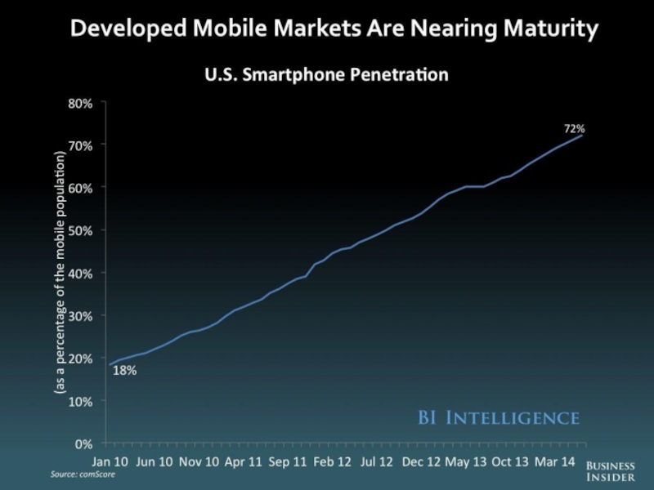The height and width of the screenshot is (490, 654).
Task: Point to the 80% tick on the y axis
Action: coord(80,103)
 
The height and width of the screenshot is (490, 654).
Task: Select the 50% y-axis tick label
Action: coord(80,230)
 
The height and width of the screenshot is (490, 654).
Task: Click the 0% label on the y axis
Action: coord(84,444)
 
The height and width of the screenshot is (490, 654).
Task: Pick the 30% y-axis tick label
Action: coord(80,316)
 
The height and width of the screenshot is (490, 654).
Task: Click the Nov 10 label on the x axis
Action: coord(199,461)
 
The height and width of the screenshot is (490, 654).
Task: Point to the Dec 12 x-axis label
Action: coord(423,461)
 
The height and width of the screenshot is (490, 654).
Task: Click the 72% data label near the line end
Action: coord(575,129)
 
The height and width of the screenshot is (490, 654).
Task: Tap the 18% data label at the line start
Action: coord(124,371)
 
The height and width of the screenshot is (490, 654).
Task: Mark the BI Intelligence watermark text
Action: coord(499,418)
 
